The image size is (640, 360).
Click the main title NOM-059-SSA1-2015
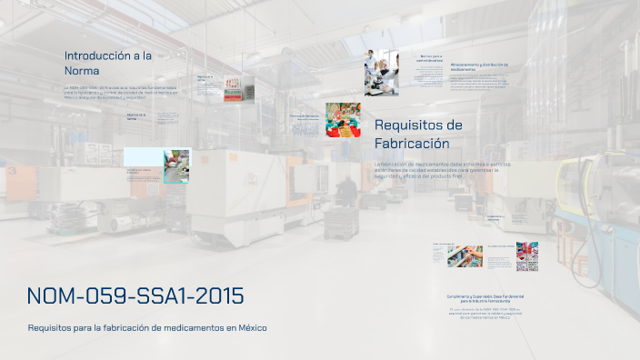pos(135,296)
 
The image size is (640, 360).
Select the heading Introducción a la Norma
pos(107,63)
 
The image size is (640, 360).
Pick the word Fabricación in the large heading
pos(412,144)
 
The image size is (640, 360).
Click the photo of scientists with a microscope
pos(382,73)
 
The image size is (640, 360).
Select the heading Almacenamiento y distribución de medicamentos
pos(478,66)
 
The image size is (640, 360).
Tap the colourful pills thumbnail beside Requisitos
pos(344,119)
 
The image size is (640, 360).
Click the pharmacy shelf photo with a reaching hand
pos(465,256)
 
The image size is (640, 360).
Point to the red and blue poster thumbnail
pos(526,256)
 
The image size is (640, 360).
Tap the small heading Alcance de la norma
pos(136,116)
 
